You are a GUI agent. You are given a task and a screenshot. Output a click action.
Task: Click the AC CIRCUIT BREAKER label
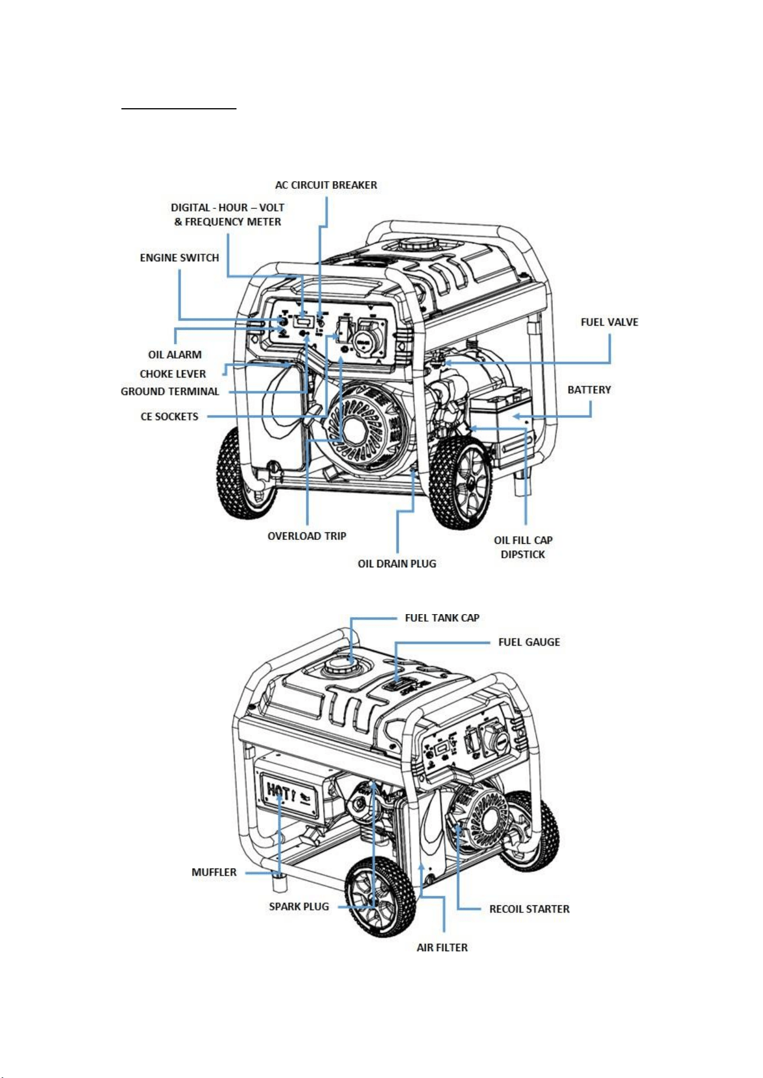click(326, 185)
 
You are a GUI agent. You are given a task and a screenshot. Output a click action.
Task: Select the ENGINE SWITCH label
click(180, 258)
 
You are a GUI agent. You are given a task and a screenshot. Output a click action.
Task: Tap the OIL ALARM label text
click(175, 355)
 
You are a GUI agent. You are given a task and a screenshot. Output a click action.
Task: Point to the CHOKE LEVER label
click(173, 374)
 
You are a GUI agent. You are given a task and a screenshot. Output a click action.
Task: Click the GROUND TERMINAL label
click(170, 391)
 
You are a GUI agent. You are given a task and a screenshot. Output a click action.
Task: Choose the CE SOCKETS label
click(169, 417)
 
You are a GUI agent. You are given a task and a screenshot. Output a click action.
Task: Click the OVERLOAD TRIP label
click(307, 536)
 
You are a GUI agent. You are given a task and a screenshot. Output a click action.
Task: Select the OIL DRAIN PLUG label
click(397, 563)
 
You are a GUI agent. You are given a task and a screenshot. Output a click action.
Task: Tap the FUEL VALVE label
click(609, 322)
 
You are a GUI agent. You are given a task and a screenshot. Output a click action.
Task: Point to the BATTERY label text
click(589, 390)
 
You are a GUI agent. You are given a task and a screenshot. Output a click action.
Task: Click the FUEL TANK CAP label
click(442, 618)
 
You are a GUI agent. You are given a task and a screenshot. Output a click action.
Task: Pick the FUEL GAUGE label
click(529, 642)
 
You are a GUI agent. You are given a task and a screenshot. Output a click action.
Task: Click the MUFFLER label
click(214, 872)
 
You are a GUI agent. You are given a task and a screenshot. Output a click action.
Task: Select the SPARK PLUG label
click(299, 906)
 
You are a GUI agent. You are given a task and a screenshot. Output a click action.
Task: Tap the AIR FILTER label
click(442, 947)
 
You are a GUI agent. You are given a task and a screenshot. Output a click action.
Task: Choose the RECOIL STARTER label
click(529, 909)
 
